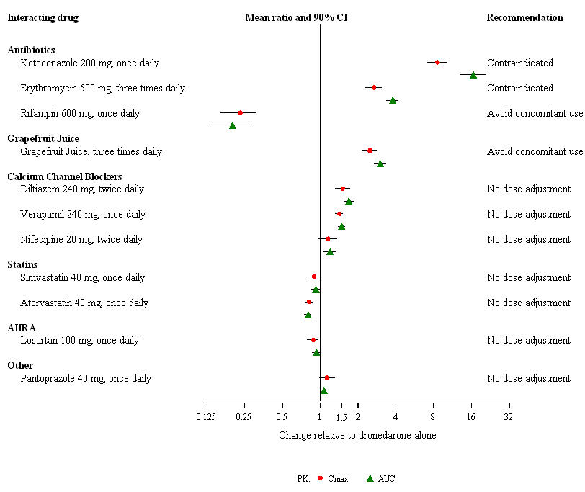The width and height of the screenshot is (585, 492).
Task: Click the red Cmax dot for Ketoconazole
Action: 437,63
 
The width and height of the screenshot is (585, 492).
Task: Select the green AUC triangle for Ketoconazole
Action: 473,75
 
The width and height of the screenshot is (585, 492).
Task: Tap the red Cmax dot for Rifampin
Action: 240,113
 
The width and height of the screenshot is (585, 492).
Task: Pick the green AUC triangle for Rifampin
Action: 232,125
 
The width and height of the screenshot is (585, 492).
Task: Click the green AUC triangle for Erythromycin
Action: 393,100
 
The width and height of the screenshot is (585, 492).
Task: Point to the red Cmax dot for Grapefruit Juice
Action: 370,151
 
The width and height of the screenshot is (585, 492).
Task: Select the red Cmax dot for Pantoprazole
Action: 326,377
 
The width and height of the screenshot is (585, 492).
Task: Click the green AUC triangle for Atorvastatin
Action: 308,315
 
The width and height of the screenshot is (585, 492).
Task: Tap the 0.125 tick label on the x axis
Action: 206,418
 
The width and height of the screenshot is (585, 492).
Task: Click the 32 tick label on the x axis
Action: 509,418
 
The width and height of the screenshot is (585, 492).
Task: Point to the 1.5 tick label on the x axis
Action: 342,418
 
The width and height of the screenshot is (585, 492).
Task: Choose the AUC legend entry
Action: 381,478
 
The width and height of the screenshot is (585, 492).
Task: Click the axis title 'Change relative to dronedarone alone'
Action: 357,435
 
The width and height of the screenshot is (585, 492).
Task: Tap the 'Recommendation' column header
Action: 525,17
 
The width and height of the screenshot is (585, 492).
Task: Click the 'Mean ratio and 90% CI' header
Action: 297,17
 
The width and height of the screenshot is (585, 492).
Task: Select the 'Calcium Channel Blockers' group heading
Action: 65,176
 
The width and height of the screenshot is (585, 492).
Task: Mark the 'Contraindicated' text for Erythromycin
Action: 520,88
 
